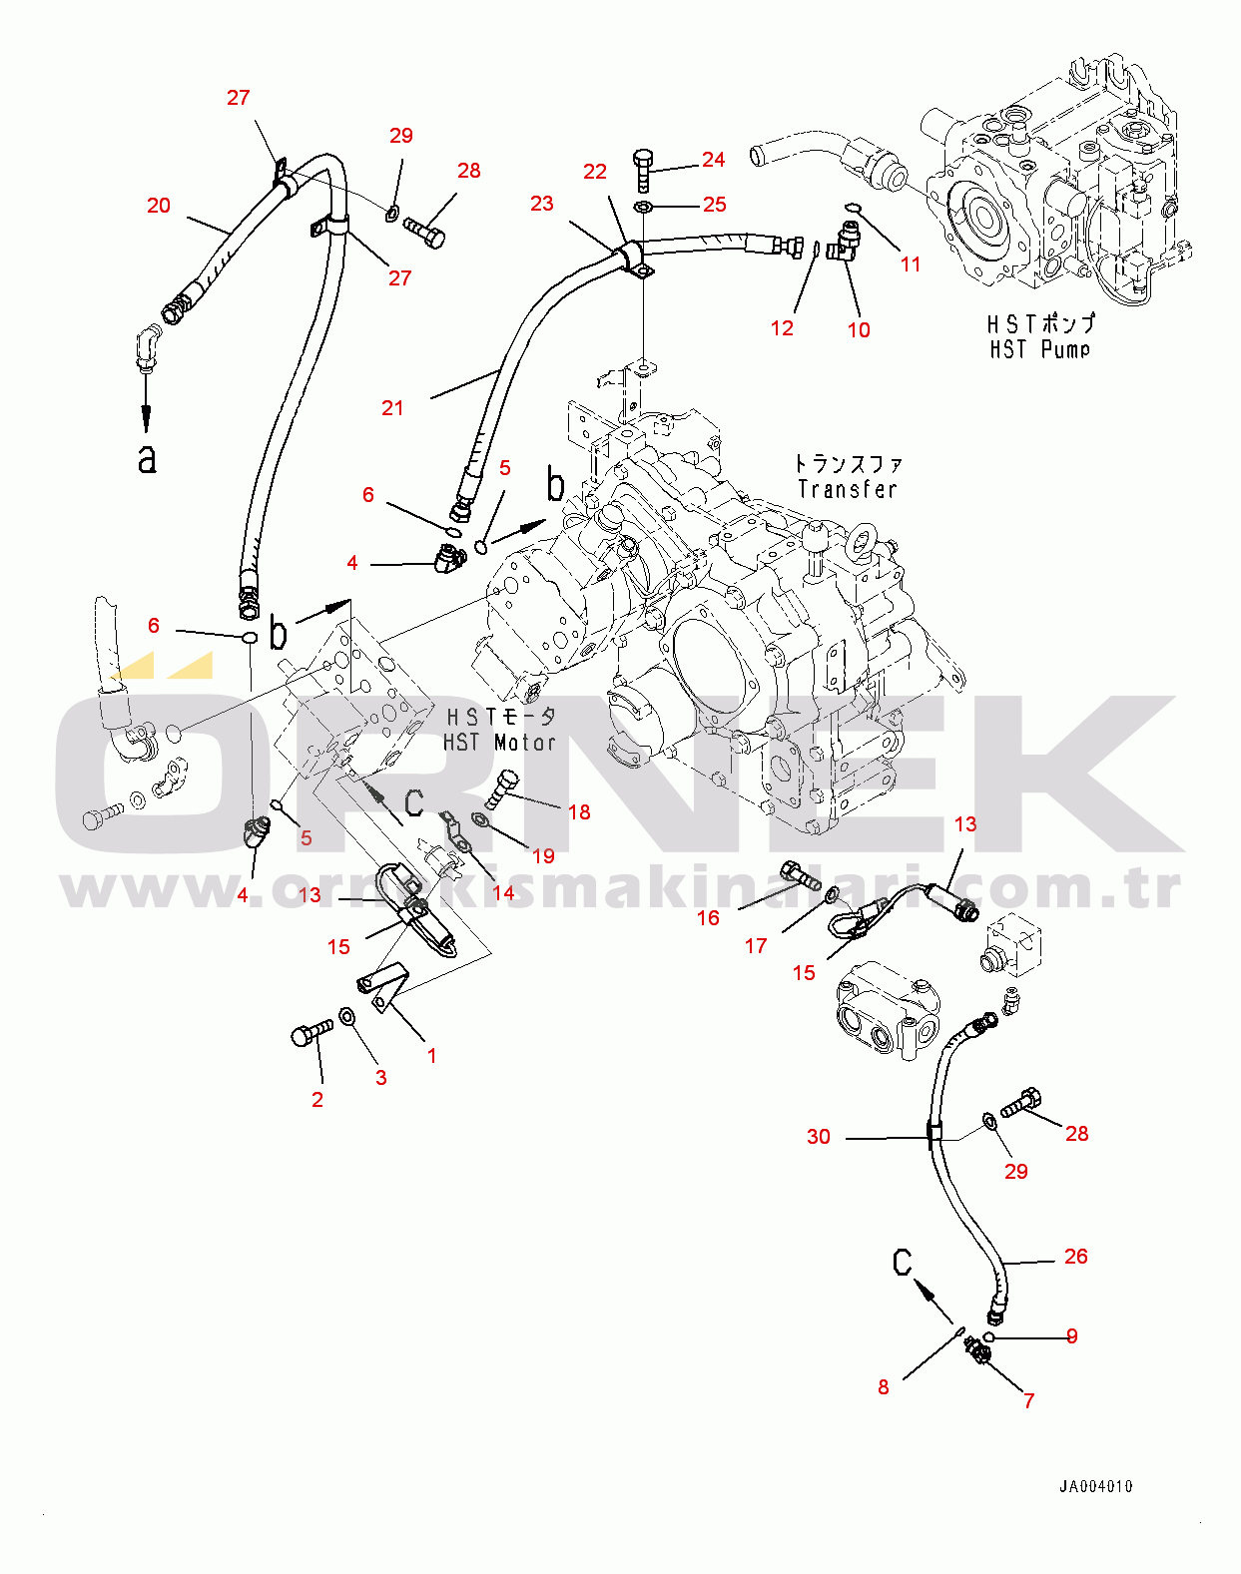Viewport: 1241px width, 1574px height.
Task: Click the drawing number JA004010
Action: [1095, 1486]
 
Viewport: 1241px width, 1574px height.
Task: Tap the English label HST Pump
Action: [1039, 349]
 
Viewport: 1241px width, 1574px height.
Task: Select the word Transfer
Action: [847, 489]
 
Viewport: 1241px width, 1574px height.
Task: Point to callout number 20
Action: [159, 206]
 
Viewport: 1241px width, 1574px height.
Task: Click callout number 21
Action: [392, 408]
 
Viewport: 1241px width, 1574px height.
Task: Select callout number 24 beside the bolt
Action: [713, 160]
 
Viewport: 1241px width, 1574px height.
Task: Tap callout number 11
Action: [911, 264]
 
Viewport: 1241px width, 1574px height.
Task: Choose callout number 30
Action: [818, 1137]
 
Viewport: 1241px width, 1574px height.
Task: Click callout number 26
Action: [1075, 1257]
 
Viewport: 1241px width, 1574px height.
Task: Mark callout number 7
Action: [1028, 1401]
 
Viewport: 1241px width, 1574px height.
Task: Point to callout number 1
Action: [431, 1056]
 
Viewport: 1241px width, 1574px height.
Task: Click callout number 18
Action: [579, 812]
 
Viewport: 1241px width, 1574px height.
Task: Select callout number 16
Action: [708, 918]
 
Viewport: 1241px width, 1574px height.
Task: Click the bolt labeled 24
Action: [643, 171]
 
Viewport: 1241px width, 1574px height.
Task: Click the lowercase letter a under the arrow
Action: [147, 459]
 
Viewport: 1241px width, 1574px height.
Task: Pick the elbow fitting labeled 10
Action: [845, 241]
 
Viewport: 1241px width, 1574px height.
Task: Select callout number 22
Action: [595, 172]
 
